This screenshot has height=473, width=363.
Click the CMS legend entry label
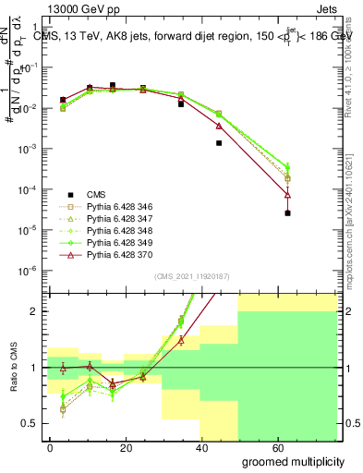coord(97,193)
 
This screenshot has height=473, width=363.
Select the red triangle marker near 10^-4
coord(288,194)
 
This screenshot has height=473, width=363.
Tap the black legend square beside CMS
coord(71,193)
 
